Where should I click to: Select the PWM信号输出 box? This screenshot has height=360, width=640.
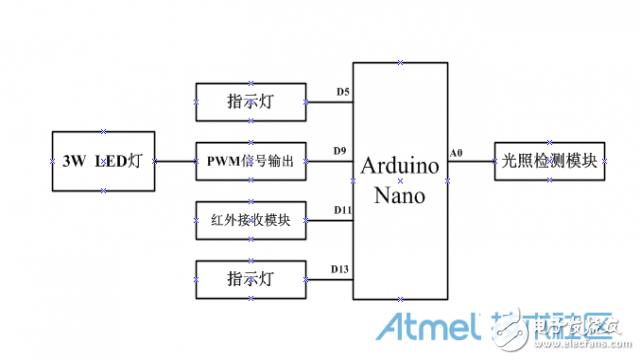click(250, 160)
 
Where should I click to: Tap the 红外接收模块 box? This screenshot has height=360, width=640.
click(250, 220)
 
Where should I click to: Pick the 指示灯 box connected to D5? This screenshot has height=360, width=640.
click(250, 101)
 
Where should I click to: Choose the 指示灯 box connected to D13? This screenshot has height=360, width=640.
click(250, 278)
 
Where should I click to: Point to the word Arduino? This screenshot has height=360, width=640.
click(400, 165)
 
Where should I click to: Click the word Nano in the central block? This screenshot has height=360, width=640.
click(400, 195)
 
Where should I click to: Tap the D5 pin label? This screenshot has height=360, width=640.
click(342, 93)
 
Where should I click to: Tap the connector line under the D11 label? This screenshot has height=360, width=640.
click(329, 220)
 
